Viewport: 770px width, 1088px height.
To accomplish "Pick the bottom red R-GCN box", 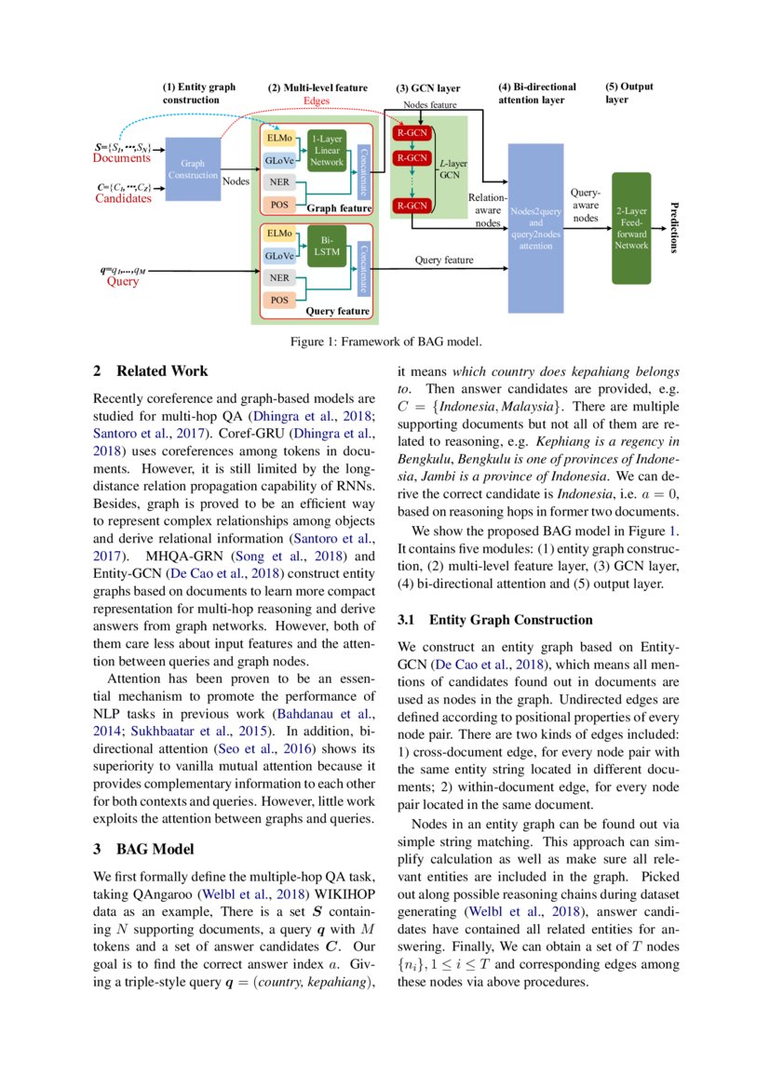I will tap(411, 205).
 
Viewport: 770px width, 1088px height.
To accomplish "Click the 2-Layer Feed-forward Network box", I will tap(630, 228).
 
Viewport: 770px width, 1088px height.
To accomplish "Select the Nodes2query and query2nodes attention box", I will tap(535, 228).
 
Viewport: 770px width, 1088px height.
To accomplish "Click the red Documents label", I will tap(116, 158).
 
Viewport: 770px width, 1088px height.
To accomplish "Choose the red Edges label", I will tap(317, 100).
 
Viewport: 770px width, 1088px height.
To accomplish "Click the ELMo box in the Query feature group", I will tap(278, 233).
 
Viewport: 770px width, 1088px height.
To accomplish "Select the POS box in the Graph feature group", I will tap(278, 204).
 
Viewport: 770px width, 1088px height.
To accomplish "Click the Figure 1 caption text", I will tap(385, 342).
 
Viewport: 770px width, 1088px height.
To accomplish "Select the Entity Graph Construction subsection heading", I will tap(494, 620).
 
